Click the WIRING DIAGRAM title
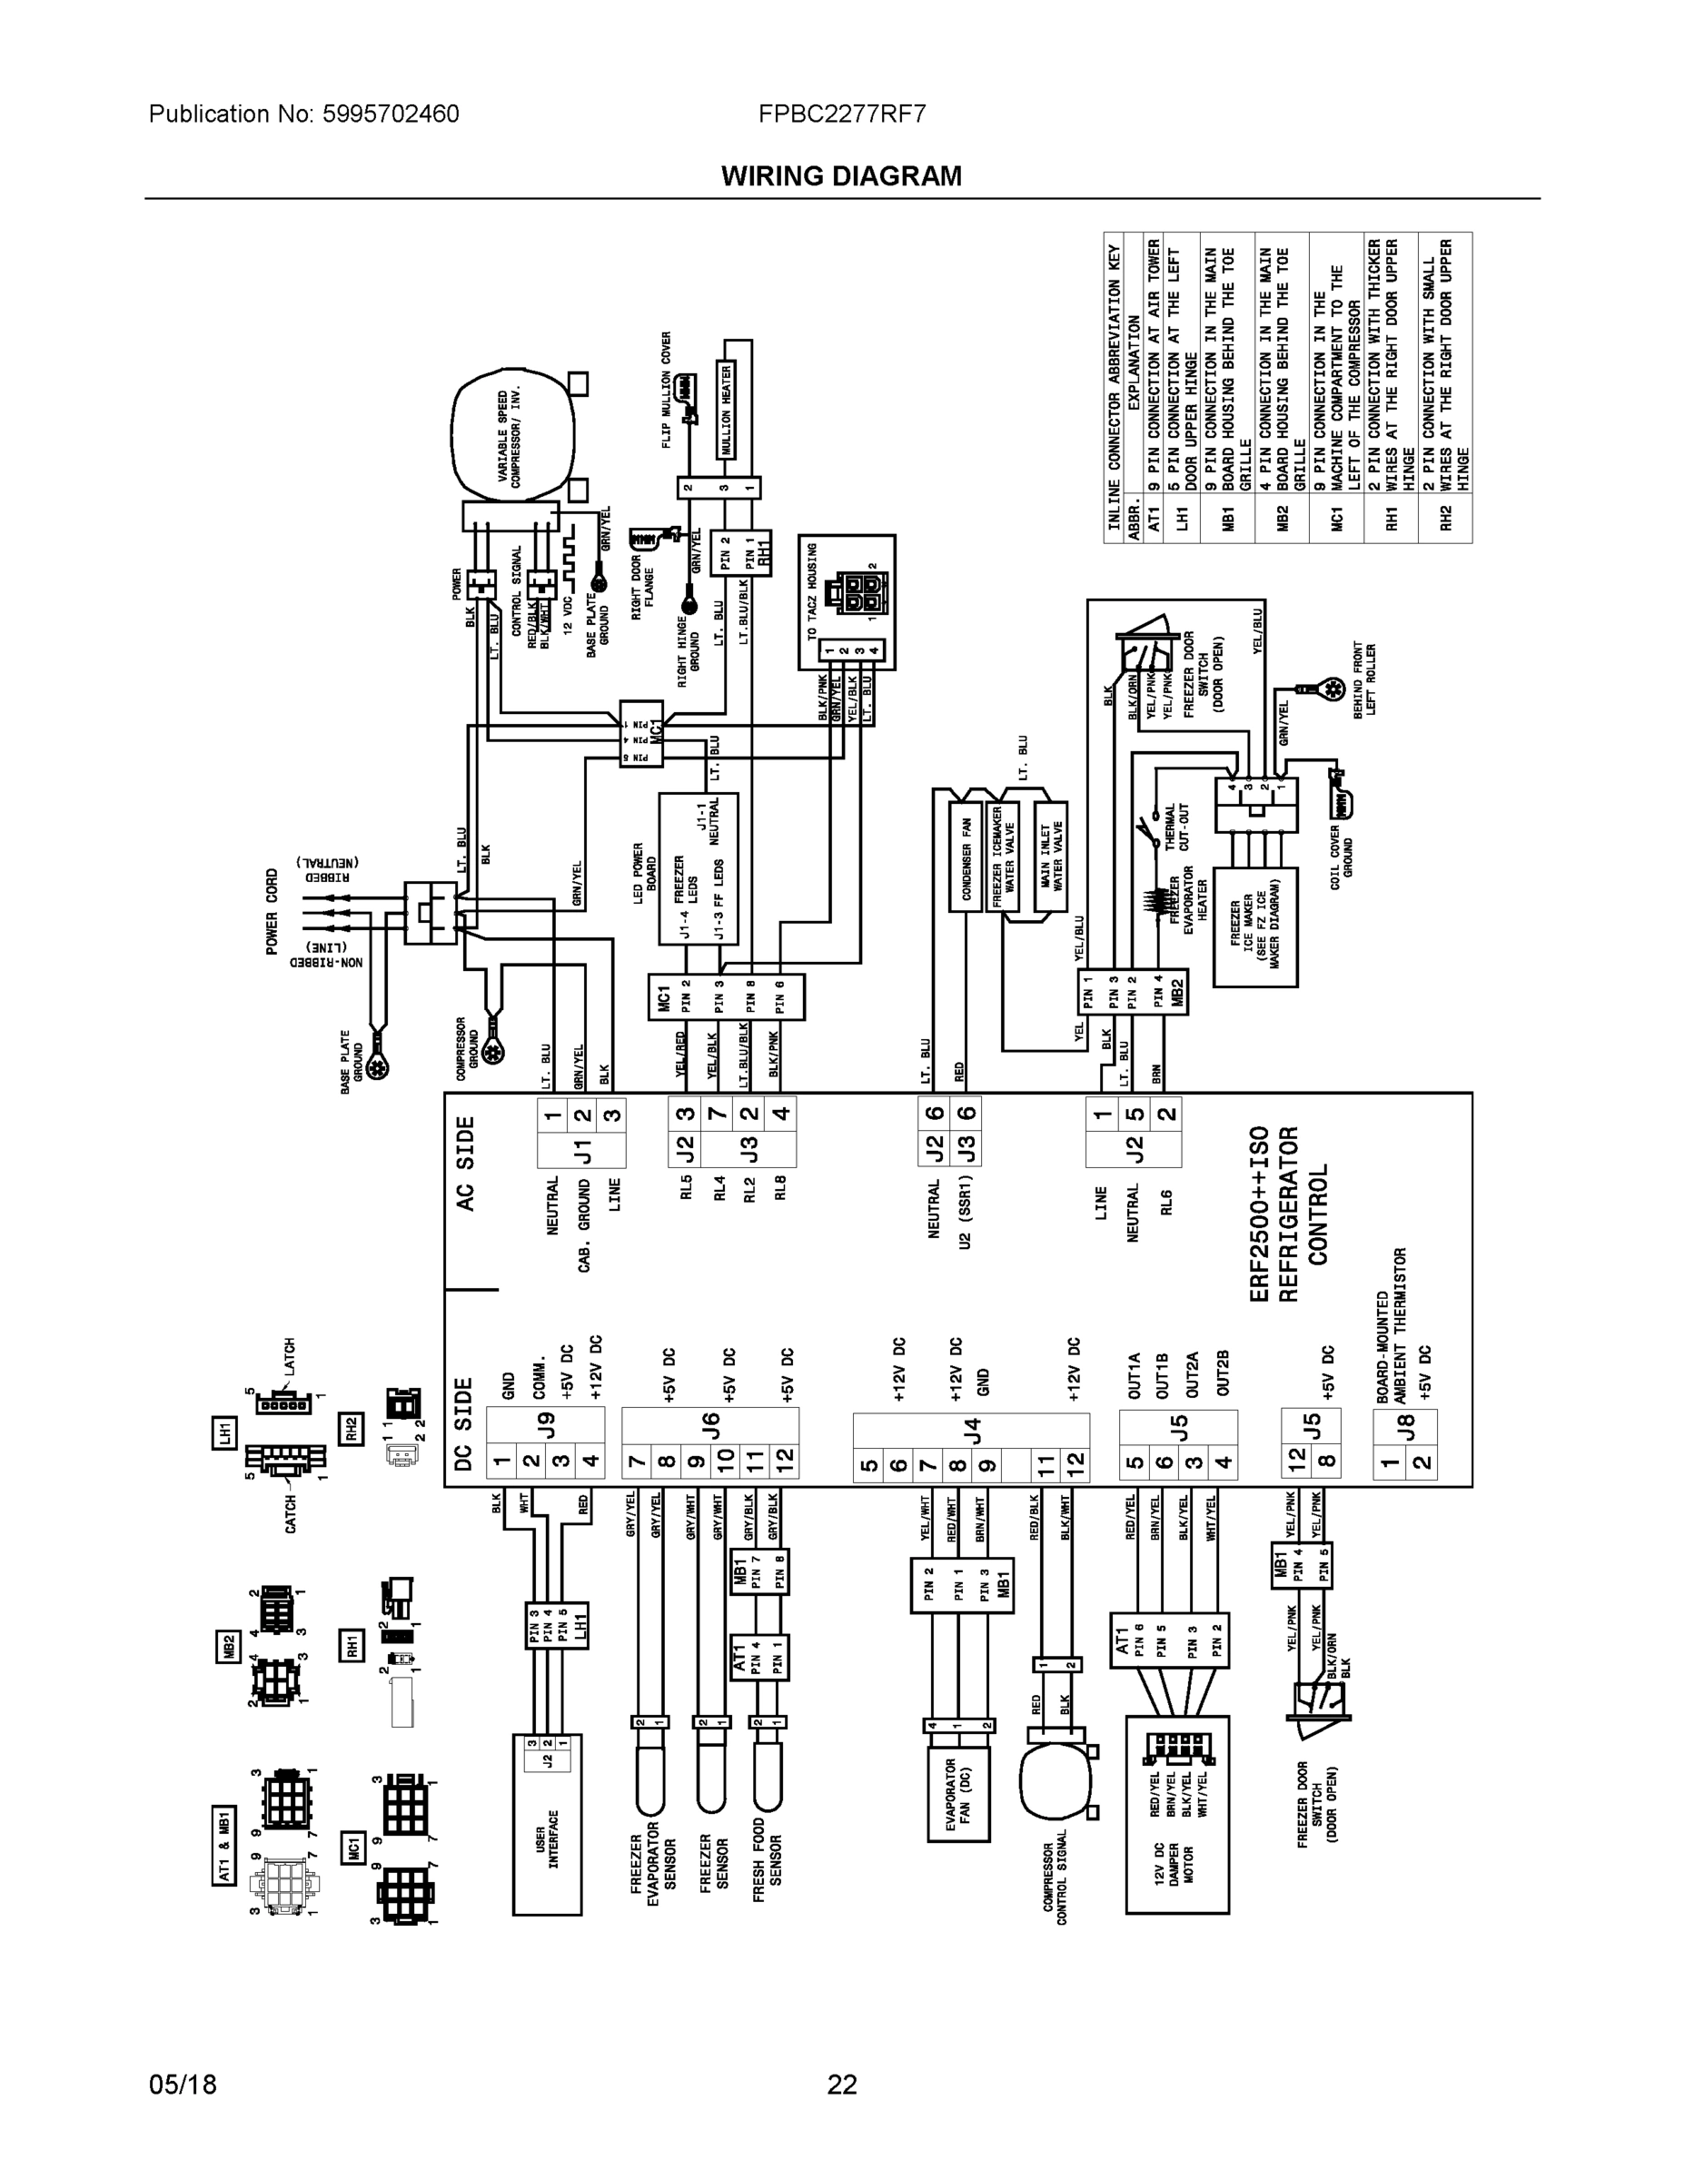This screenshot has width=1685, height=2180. pyautogui.click(x=841, y=177)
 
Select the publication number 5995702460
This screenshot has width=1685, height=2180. pyautogui.click(x=391, y=114)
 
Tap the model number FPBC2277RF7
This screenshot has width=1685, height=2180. pyautogui.click(x=841, y=114)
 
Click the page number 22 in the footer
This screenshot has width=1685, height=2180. pyautogui.click(x=841, y=2086)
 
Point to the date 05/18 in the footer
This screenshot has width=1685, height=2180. pyautogui.click(x=183, y=2086)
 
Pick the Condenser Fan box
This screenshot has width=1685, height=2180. pyautogui.click(x=966, y=859)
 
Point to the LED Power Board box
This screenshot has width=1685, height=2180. pyautogui.click(x=698, y=868)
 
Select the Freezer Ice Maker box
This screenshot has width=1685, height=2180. pyautogui.click(x=1254, y=927)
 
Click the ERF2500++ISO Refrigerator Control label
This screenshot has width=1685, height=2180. pyautogui.click(x=1288, y=1214)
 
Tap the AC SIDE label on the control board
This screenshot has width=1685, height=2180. pyautogui.click(x=465, y=1163)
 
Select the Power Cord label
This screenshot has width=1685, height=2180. pyautogui.click(x=273, y=911)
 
